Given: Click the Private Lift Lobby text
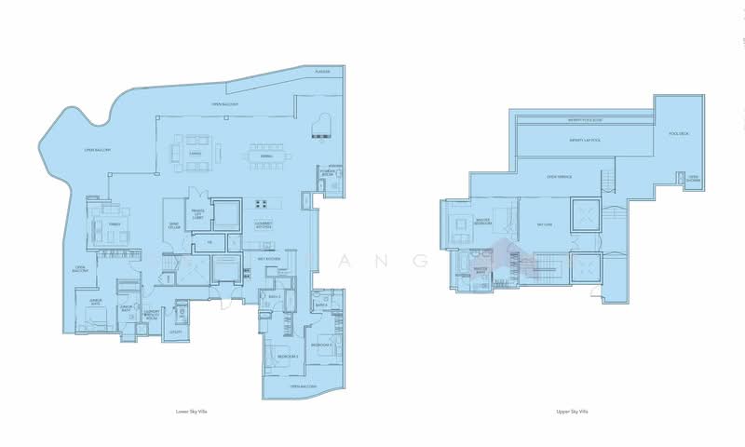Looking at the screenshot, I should [x=196, y=213].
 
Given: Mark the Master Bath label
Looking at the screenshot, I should [x=481, y=269].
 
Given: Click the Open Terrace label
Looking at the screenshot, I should [x=559, y=175].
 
